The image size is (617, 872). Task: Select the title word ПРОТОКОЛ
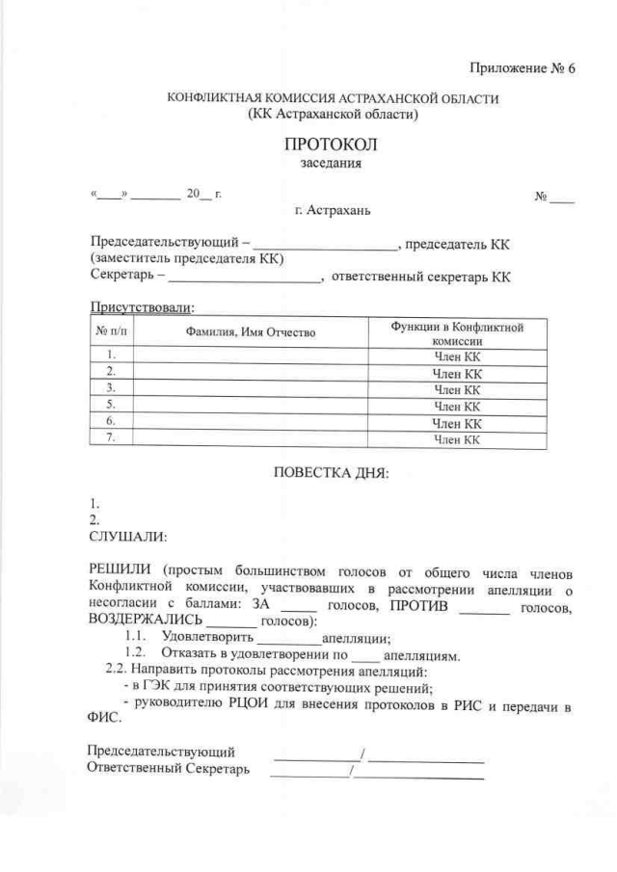(332, 145)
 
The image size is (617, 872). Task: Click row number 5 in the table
(111, 405)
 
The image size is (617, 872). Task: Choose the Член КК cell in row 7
(456, 440)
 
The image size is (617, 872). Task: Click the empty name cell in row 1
(252, 355)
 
